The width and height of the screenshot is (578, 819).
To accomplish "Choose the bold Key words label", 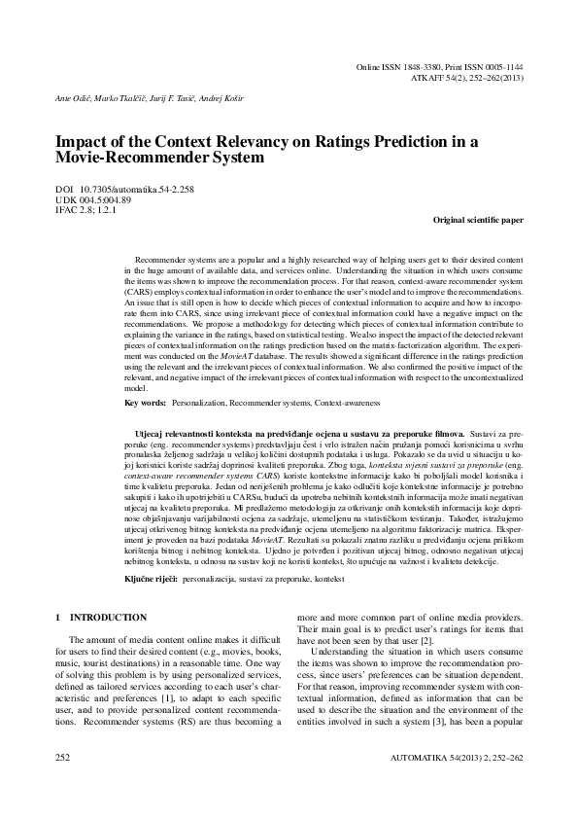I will click(x=145, y=402).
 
